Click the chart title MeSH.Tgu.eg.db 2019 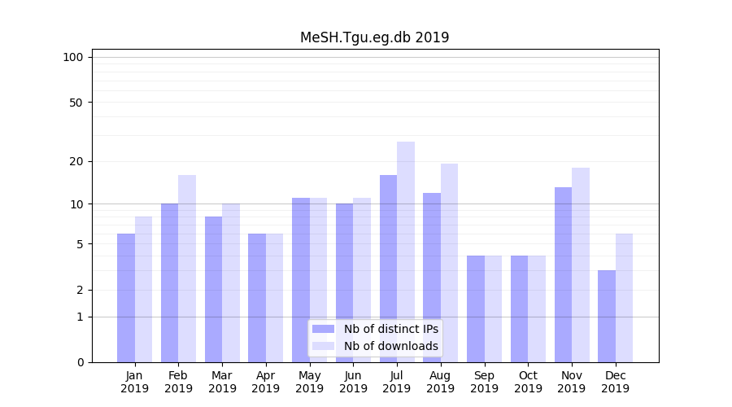pyautogui.click(x=374, y=37)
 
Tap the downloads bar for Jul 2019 pyautogui.click(x=406, y=252)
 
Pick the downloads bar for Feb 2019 pyautogui.click(x=187, y=269)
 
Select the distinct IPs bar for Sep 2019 pyautogui.click(x=476, y=309)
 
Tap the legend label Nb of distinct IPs pyautogui.click(x=391, y=329)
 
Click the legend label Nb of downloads pyautogui.click(x=391, y=346)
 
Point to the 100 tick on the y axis pyautogui.click(x=73, y=57)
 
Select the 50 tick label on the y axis pyautogui.click(x=76, y=103)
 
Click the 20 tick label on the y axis pyautogui.click(x=76, y=161)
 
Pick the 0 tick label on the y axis pyautogui.click(x=80, y=362)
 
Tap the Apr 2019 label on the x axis pyautogui.click(x=266, y=382)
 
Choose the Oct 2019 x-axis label pyautogui.click(x=528, y=382)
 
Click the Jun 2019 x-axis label pyautogui.click(x=353, y=382)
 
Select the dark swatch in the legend pyautogui.click(x=324, y=329)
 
